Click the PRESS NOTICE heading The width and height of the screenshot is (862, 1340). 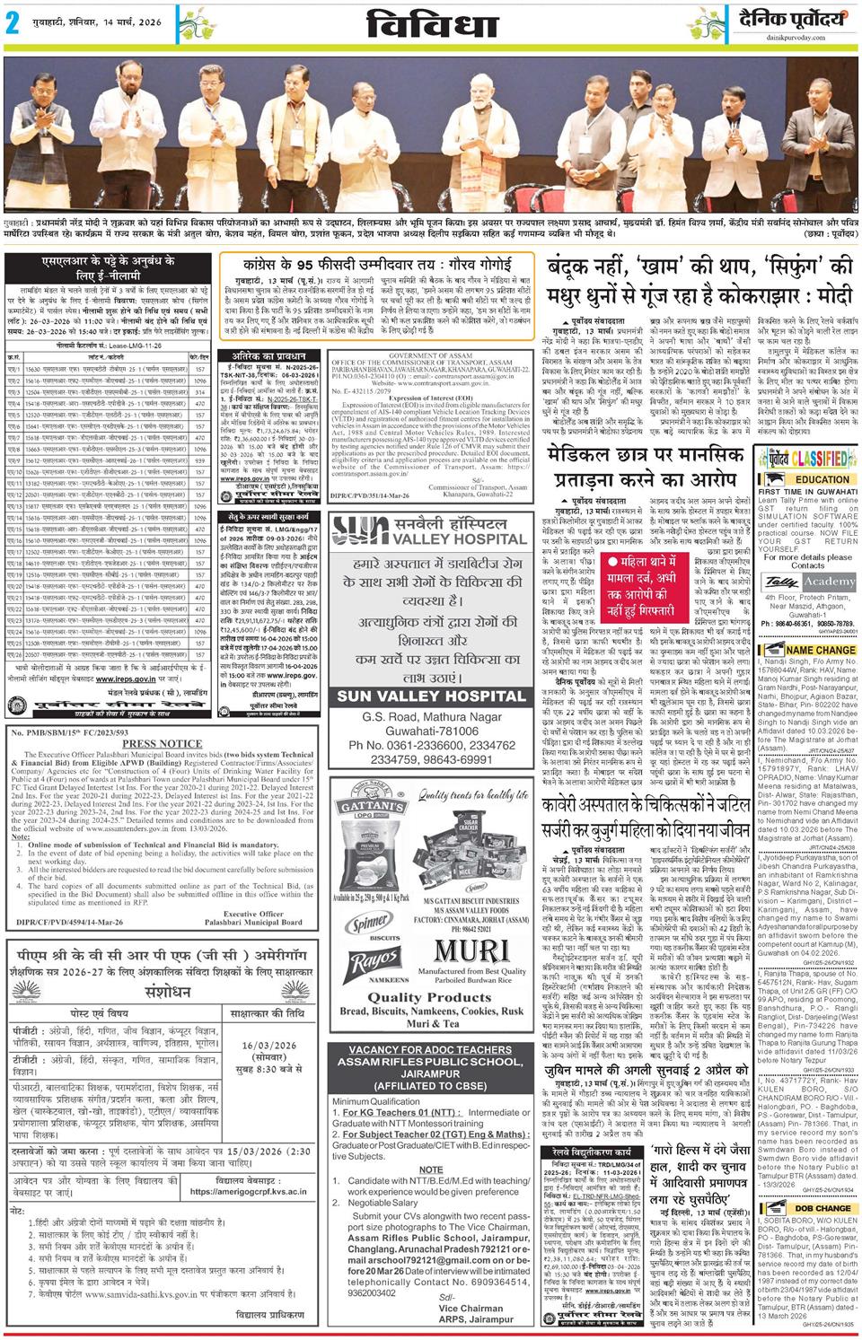[162, 744]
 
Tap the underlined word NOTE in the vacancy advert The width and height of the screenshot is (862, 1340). [430, 1169]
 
